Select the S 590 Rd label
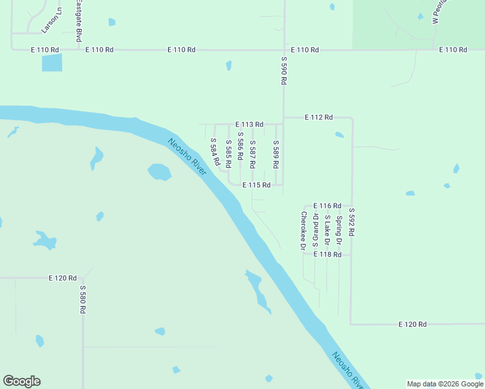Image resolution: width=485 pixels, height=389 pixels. click(x=283, y=71)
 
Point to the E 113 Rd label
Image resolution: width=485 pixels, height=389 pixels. click(x=250, y=124)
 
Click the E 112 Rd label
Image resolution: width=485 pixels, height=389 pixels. click(x=318, y=117)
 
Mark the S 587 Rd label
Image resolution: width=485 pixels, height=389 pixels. click(x=252, y=151)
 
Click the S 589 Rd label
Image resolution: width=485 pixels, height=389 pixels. click(x=276, y=151)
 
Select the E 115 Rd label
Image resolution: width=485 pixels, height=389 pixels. click(x=256, y=185)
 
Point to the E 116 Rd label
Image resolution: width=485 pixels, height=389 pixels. click(x=327, y=206)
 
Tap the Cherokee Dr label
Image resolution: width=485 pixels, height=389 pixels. click(x=303, y=230)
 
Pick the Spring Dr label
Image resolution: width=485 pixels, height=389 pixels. click(x=338, y=231)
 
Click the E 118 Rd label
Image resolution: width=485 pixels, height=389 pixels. click(x=327, y=255)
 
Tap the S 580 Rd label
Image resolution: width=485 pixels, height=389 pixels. click(x=83, y=300)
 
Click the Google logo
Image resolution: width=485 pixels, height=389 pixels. click(x=21, y=381)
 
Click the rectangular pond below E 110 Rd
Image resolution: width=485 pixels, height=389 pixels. click(x=52, y=63)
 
